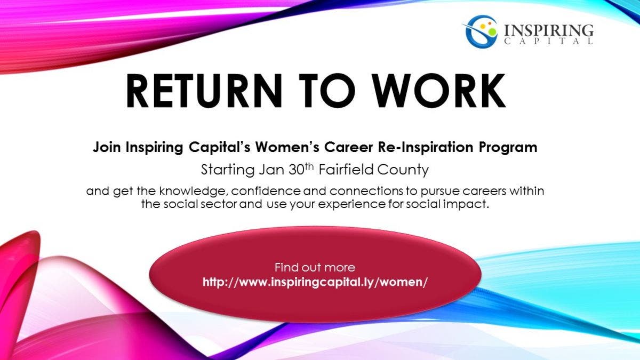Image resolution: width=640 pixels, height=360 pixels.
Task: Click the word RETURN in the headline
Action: coord(204,90)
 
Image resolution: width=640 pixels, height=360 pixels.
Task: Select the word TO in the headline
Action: coord(327,90)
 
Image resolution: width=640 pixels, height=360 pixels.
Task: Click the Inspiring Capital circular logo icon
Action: coord(481,31)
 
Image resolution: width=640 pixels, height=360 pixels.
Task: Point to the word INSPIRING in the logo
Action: coord(549,30)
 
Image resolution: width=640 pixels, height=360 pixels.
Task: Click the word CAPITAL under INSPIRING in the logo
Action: coord(549,42)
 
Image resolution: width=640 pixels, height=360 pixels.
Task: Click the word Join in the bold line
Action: coord(107,148)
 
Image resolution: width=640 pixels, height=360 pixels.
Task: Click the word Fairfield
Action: coord(346,169)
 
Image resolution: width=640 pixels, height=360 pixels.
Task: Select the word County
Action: coord(403,170)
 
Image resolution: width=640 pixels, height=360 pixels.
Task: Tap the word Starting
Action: coord(228,170)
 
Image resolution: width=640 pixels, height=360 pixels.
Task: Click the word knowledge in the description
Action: coord(194,191)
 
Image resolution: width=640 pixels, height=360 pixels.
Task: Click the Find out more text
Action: coord(315,268)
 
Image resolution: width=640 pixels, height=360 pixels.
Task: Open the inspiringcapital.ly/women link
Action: coord(315,282)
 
